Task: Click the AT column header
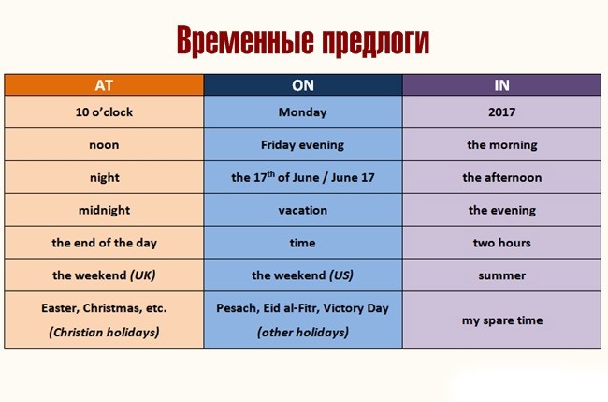click(104, 85)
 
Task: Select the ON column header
click(303, 85)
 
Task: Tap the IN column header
click(501, 85)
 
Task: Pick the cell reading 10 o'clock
click(104, 112)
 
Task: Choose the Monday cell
click(303, 112)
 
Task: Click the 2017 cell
click(501, 112)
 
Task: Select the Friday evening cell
click(303, 145)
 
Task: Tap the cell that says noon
click(104, 145)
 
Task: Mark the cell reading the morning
click(501, 145)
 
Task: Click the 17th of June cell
click(303, 177)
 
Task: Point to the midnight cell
click(104, 210)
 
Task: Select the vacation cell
click(303, 210)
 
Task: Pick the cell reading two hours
click(501, 243)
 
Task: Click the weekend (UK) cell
click(104, 275)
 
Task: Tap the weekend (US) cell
click(303, 275)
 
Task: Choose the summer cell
click(501, 275)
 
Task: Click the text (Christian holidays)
click(104, 332)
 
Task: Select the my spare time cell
click(501, 320)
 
